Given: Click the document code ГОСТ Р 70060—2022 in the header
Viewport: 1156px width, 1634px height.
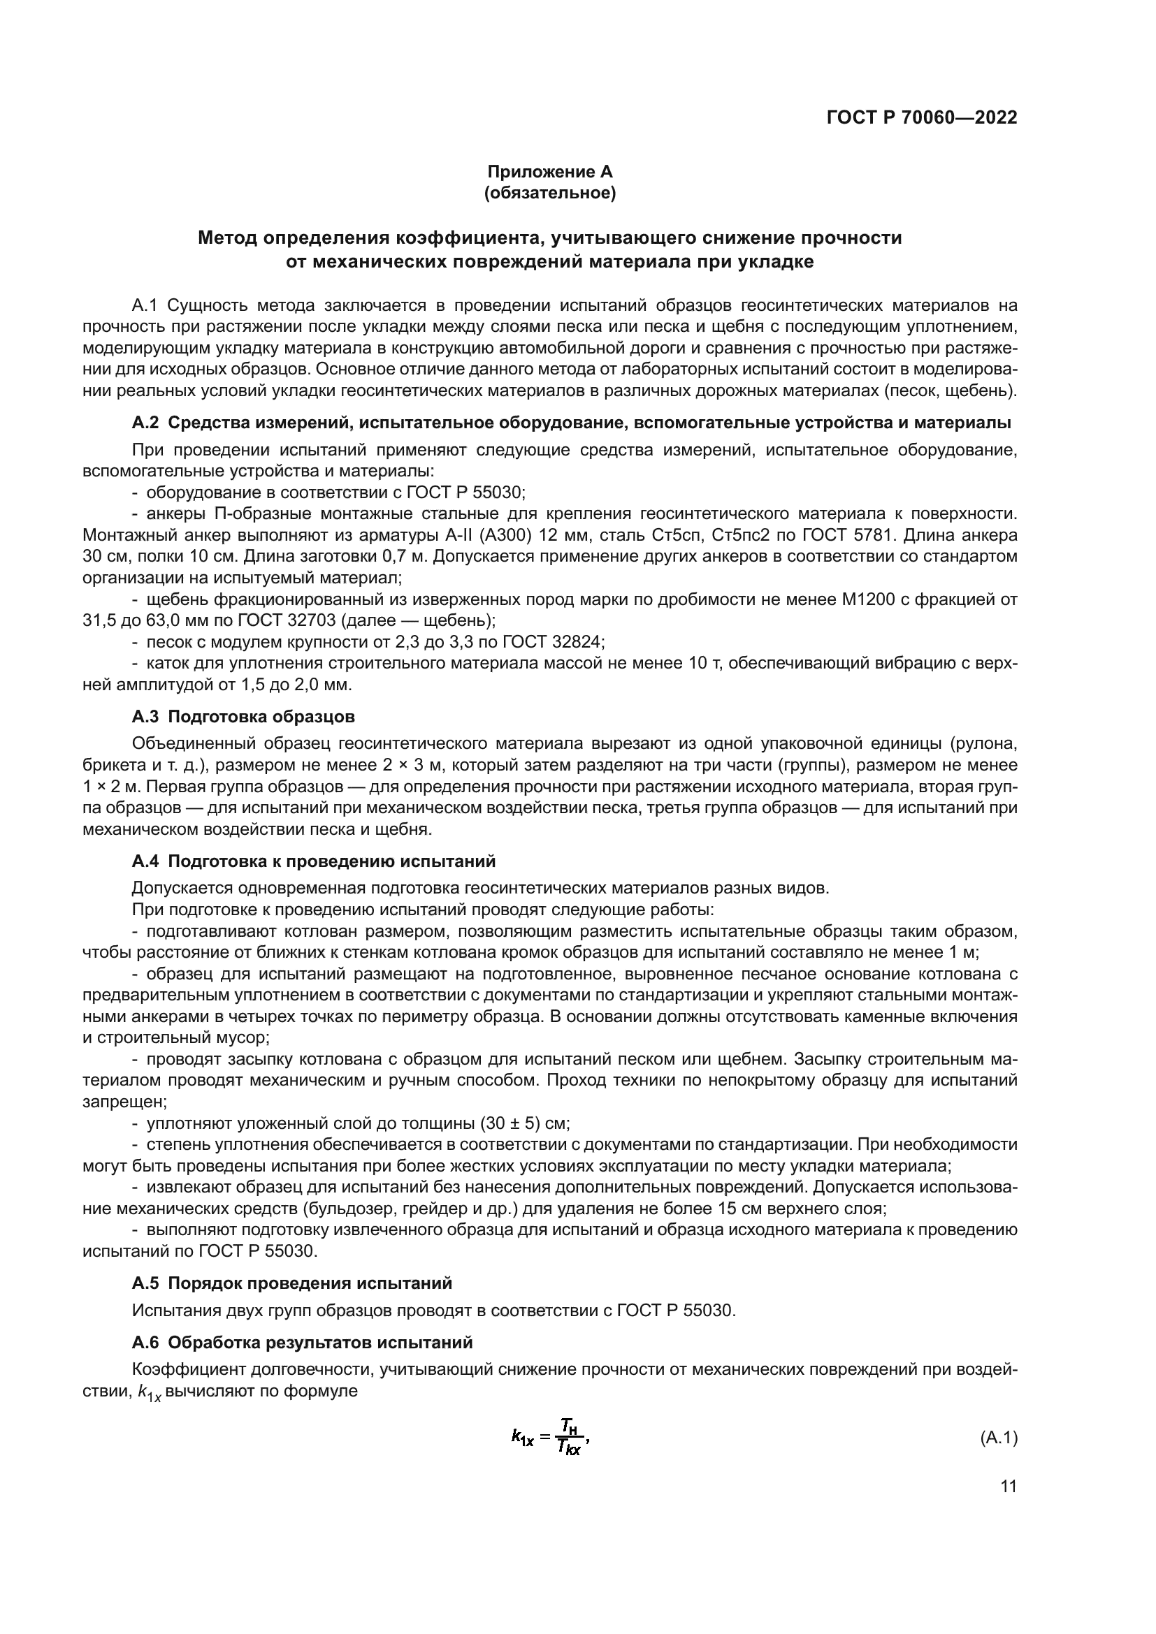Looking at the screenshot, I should tap(921, 118).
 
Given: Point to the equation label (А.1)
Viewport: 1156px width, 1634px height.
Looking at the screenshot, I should tap(999, 1437).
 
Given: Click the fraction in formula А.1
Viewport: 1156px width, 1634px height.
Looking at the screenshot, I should tap(568, 1436).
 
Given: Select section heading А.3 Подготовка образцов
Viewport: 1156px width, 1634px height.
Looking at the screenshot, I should tap(243, 716).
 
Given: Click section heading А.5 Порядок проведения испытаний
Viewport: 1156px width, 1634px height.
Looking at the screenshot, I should tap(292, 1283).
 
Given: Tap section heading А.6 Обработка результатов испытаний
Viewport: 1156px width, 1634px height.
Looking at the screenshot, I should tap(302, 1343).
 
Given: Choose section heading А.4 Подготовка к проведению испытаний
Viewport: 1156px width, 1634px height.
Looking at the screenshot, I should tap(313, 862).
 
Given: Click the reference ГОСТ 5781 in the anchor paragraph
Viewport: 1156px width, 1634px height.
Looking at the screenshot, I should tap(848, 535).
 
